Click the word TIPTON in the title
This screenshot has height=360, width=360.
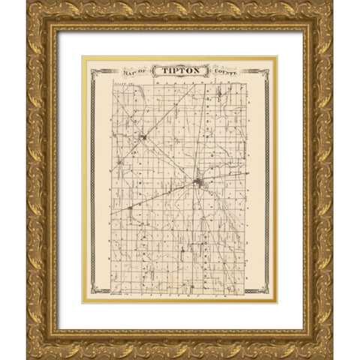click(178, 72)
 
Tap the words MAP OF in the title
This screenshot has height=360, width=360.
click(133, 72)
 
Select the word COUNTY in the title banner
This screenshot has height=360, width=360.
click(222, 72)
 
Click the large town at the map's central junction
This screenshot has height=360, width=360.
click(198, 181)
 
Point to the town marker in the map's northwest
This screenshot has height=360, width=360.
click(142, 137)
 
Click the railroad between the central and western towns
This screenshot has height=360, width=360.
click(165, 194)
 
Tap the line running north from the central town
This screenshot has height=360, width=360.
click(197, 135)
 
